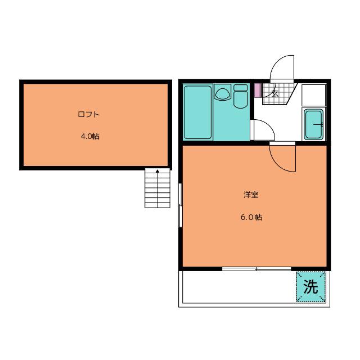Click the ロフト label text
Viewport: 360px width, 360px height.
[x=89, y=114]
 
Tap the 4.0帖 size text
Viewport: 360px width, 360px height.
[x=90, y=136]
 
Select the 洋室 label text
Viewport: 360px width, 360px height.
[x=251, y=195]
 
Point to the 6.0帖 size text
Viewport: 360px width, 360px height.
[x=251, y=217]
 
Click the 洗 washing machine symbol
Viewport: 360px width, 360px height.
[x=310, y=287]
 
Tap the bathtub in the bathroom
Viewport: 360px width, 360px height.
[x=197, y=112]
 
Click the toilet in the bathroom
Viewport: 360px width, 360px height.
[x=240, y=99]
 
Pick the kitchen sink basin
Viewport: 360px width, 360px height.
[x=313, y=124]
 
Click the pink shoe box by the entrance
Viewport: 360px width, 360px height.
[x=257, y=90]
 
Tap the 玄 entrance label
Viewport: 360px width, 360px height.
[x=275, y=93]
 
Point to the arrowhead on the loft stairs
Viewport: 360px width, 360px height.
[x=157, y=171]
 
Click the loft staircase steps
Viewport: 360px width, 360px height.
[x=157, y=188]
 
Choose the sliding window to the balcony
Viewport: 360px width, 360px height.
[x=256, y=269]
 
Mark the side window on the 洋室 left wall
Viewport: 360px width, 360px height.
[x=181, y=205]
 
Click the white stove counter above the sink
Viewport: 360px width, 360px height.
[x=314, y=95]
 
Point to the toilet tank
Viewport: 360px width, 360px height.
[x=240, y=88]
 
